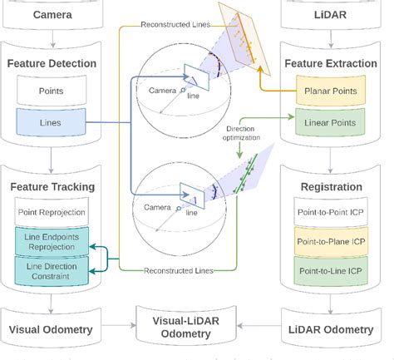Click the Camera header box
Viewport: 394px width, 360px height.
pos(52,15)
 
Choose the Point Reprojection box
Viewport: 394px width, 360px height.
pos(52,213)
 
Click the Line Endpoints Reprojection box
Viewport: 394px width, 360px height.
pos(52,242)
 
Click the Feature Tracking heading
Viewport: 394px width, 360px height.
pos(52,188)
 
